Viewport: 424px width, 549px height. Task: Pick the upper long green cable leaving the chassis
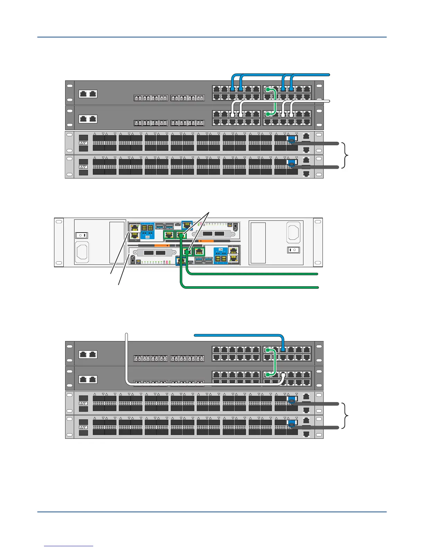click(253, 274)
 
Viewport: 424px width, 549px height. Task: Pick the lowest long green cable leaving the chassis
click(249, 287)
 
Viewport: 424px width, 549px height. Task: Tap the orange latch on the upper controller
click(208, 241)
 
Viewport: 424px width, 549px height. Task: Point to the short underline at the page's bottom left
click(69, 546)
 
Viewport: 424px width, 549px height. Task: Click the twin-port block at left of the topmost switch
click(88, 94)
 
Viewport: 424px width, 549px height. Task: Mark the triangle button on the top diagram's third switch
click(83, 143)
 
